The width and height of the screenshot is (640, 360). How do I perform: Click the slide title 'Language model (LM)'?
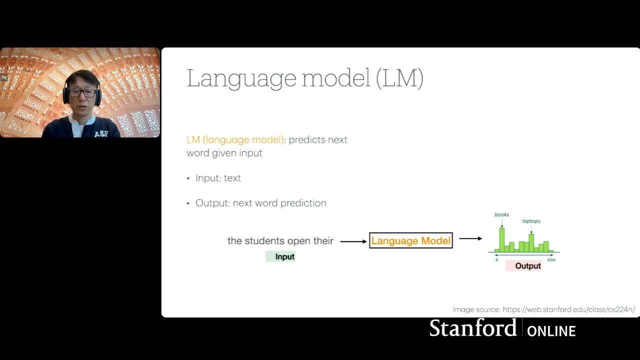305,78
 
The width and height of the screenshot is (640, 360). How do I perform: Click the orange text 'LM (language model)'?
235,140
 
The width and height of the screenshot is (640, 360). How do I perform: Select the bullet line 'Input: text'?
218,178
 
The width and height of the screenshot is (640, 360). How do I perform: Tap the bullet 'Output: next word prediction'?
260,203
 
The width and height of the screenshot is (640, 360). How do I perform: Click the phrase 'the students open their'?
280,241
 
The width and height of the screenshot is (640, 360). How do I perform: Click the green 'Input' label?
284,256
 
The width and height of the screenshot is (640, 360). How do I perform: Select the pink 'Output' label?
527,266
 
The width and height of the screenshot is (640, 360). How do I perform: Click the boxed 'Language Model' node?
410,241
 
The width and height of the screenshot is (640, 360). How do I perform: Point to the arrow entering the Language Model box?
353,241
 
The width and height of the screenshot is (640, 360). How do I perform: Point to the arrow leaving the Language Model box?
470,238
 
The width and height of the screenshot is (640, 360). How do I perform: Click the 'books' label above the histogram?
501,214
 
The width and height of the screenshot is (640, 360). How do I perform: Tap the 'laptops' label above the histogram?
531,221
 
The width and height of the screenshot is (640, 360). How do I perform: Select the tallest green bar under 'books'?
501,240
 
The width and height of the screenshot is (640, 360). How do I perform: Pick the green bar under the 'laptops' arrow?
531,243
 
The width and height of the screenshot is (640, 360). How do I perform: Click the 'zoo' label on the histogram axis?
551,259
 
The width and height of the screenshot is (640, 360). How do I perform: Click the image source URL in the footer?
568,310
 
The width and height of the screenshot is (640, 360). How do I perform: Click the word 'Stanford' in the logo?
472,328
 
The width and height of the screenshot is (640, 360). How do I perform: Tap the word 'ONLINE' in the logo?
551,331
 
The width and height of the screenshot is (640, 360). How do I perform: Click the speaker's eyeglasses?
82,93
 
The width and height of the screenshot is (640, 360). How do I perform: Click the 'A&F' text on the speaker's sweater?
101,134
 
